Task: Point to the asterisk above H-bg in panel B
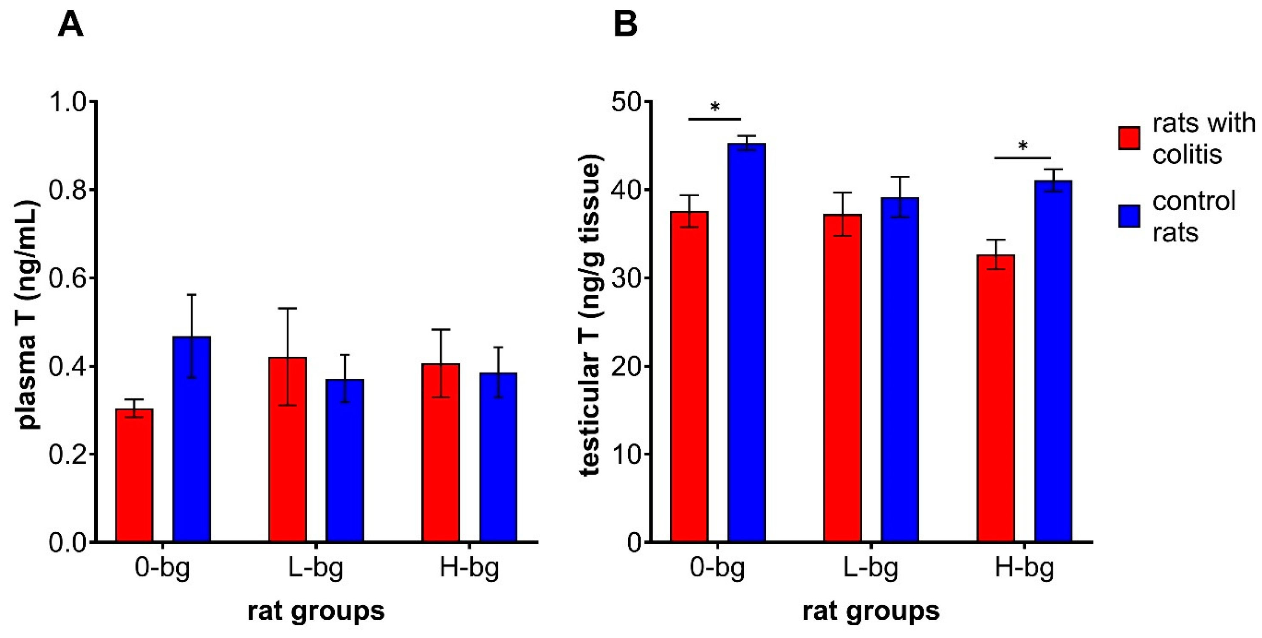(1022, 146)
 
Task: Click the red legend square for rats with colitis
(1129, 138)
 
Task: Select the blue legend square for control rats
(1129, 216)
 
